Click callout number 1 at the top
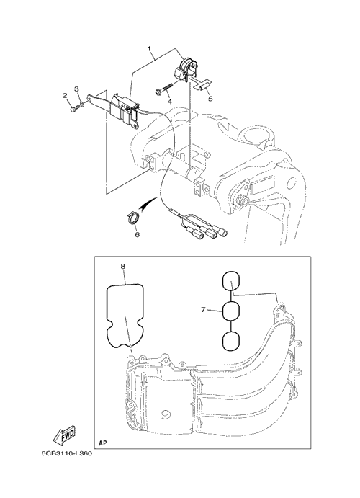pyautogui.click(x=149, y=48)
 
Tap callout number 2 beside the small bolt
pyautogui.click(x=65, y=95)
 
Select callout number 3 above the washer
pyautogui.click(x=76, y=89)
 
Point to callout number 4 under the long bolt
pyautogui.click(x=170, y=102)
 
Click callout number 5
pyautogui.click(x=210, y=99)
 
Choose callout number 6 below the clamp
pyautogui.click(x=137, y=235)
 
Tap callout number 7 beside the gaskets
pyautogui.click(x=203, y=310)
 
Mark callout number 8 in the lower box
pyautogui.click(x=122, y=267)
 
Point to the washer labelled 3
pyautogui.click(x=82, y=104)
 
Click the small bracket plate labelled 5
pyautogui.click(x=202, y=84)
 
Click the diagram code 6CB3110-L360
pyautogui.click(x=66, y=453)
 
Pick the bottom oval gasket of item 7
pyautogui.click(x=231, y=342)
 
